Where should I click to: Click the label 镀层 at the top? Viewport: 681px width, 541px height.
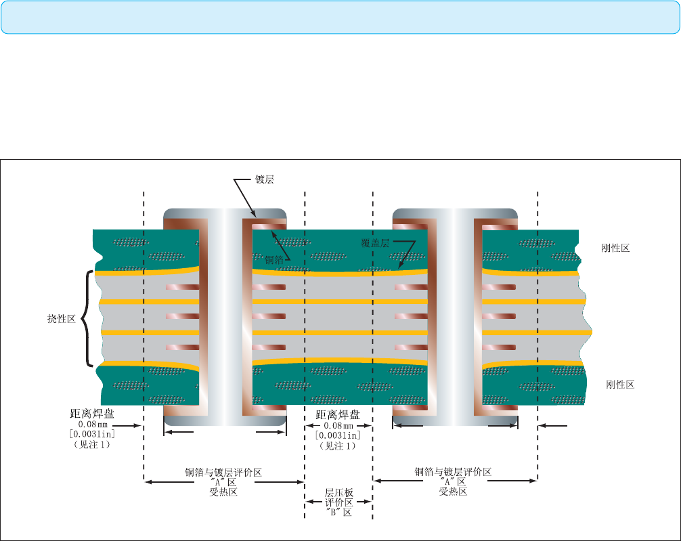pyautogui.click(x=265, y=179)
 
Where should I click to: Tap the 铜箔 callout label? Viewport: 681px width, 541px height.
pyautogui.click(x=274, y=260)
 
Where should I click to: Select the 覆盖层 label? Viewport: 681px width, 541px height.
pyautogui.click(x=375, y=243)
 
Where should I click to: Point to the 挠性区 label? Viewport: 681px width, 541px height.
pyautogui.click(x=61, y=319)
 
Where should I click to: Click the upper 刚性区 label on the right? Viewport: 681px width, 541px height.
pyautogui.click(x=615, y=248)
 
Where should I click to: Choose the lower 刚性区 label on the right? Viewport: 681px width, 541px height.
pyautogui.click(x=620, y=385)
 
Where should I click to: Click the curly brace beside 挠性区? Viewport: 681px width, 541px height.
pyautogui.click(x=87, y=318)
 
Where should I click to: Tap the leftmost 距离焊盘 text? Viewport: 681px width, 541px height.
pyautogui.click(x=92, y=414)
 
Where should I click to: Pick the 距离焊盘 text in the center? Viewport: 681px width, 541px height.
pyautogui.click(x=338, y=414)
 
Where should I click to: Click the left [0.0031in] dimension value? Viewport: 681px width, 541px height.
pyautogui.click(x=92, y=434)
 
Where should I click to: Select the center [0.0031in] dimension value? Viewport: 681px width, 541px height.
pyautogui.click(x=338, y=435)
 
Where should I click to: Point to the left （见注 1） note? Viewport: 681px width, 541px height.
pyautogui.click(x=92, y=445)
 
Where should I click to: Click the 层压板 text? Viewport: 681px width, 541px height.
pyautogui.click(x=339, y=493)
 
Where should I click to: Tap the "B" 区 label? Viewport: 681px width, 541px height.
pyautogui.click(x=339, y=513)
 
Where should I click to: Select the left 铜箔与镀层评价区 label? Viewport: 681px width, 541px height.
pyautogui.click(x=223, y=473)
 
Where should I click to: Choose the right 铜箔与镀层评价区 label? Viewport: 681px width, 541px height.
pyautogui.click(x=453, y=472)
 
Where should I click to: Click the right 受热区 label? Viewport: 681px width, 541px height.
pyautogui.click(x=453, y=492)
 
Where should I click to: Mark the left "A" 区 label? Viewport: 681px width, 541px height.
pyautogui.click(x=223, y=482)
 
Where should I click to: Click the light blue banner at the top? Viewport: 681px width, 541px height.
pyautogui.click(x=340, y=18)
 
